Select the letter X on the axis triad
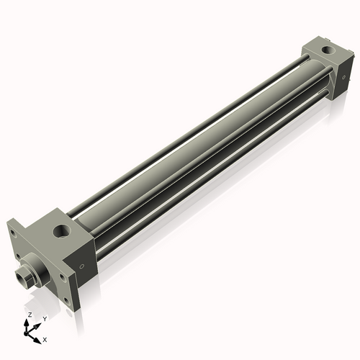(45, 338)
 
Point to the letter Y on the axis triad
(44, 318)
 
